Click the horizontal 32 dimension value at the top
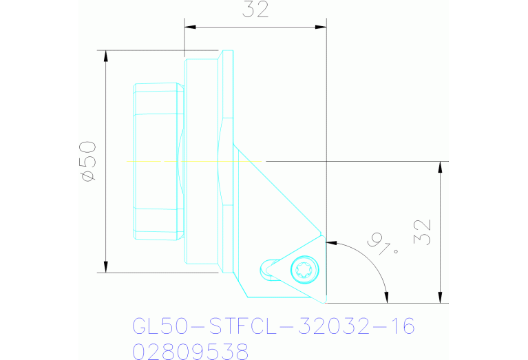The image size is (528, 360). tap(255, 10)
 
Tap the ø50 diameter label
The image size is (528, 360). tap(88, 161)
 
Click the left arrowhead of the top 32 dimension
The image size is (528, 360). tap(190, 28)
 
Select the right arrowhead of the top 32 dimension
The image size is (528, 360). tap(321, 28)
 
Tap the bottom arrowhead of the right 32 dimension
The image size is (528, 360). tap(440, 297)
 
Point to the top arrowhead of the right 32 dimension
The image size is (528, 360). tap(440, 167)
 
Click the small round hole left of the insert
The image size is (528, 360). tap(266, 268)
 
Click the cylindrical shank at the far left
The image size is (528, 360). tap(158, 161)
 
